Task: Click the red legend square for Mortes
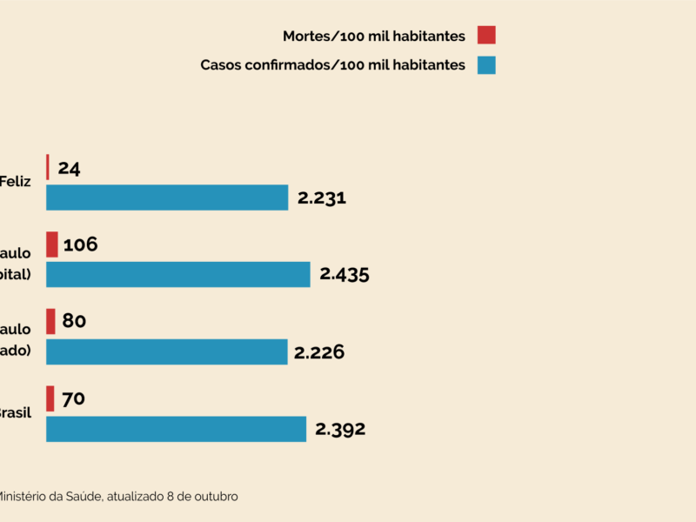[486, 36]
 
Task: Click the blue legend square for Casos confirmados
[486, 65]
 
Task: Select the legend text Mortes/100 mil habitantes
[374, 36]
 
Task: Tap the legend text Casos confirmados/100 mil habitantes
[333, 65]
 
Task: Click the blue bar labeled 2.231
[167, 197]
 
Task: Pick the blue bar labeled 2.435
[178, 274]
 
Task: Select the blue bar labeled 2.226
[166, 351]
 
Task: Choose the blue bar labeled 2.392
[176, 429]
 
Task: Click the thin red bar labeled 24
[48, 167]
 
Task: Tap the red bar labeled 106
[52, 244]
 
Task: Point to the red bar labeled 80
[50, 322]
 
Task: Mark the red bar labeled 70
[50, 398]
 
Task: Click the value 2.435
[345, 275]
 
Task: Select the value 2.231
[322, 197]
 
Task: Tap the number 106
[80, 244]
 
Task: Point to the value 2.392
[340, 429]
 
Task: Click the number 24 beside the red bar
[70, 168]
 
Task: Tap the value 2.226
[319, 352]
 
